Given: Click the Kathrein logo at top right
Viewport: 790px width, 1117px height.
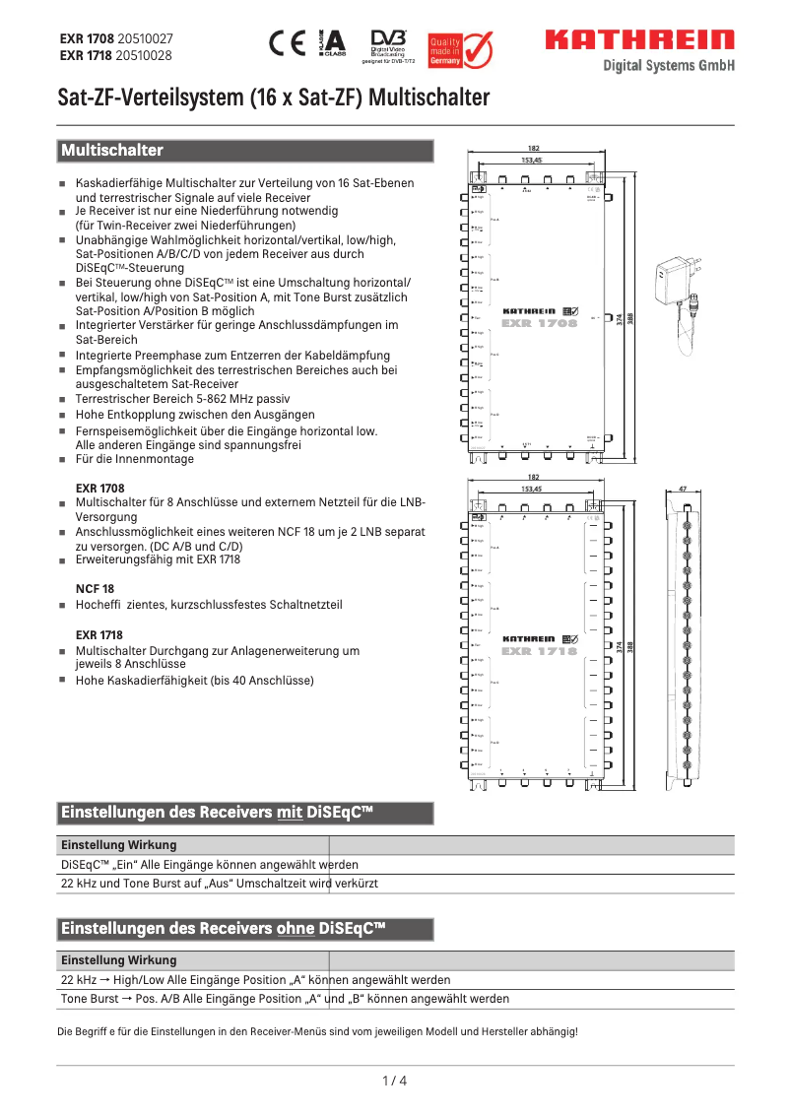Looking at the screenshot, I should tap(640, 40).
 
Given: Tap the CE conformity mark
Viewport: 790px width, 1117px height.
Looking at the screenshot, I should tap(288, 43).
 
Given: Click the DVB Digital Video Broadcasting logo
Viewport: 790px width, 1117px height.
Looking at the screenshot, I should tap(388, 45).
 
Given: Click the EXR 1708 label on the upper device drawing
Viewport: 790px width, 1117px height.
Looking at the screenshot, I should tap(539, 322).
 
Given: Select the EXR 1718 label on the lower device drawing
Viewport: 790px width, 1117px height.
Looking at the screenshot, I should tap(539, 650).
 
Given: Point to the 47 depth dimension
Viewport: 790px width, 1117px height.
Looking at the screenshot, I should tap(684, 488).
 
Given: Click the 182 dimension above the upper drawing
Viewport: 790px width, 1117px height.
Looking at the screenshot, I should tap(533, 148).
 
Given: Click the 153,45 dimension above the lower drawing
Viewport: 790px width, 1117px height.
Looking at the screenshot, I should tap(532, 488).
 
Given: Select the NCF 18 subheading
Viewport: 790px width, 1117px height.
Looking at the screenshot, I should tap(96, 587).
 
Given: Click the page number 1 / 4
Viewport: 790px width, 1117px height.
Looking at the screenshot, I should tap(394, 1081).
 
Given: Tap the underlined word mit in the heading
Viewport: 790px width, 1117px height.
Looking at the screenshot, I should tap(290, 814).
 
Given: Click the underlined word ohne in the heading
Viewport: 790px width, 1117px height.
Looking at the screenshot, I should tap(296, 929).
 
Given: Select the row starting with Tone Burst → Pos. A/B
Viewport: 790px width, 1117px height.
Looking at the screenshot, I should tap(286, 999).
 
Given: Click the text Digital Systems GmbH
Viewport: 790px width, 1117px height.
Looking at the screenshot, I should tap(669, 66).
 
